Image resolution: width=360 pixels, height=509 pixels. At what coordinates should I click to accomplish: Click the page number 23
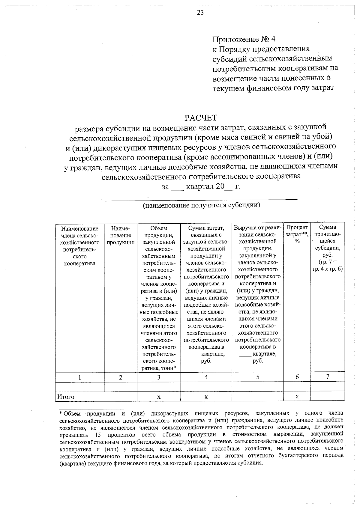[200, 12]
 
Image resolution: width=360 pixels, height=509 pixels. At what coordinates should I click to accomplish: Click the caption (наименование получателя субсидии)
[201, 205]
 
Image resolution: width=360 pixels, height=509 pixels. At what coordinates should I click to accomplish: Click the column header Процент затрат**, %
[297, 234]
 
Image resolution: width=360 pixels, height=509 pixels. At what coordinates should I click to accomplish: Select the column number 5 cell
[258, 377]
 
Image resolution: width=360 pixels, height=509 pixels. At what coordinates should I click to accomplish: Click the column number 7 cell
[328, 377]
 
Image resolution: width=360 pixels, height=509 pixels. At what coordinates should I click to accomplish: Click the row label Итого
[66, 397]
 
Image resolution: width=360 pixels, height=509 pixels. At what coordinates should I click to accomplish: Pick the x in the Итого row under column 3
[159, 397]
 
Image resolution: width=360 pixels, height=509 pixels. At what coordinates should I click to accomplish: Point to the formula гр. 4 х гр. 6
[328, 269]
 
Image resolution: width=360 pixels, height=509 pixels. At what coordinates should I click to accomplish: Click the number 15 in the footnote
[97, 434]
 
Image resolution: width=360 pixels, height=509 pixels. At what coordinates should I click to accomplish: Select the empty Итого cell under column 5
[258, 397]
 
